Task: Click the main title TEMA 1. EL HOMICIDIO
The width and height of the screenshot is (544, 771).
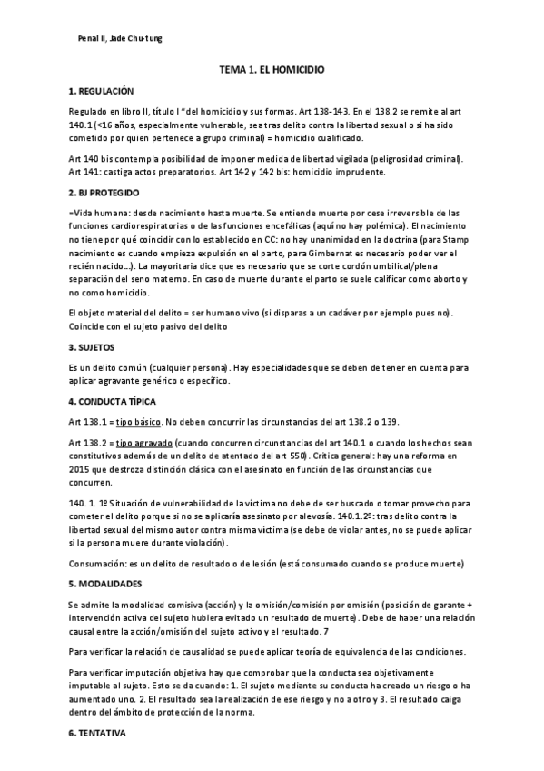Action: [x=272, y=69]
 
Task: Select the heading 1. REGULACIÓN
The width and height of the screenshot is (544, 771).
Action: [x=101, y=92]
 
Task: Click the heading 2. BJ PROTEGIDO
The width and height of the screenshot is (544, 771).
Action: [x=104, y=194]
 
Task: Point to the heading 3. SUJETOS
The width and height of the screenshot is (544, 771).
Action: [x=90, y=348]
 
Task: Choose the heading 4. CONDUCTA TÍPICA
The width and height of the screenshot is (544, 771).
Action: [x=111, y=401]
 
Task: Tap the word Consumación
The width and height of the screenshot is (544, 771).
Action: [x=97, y=564]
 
